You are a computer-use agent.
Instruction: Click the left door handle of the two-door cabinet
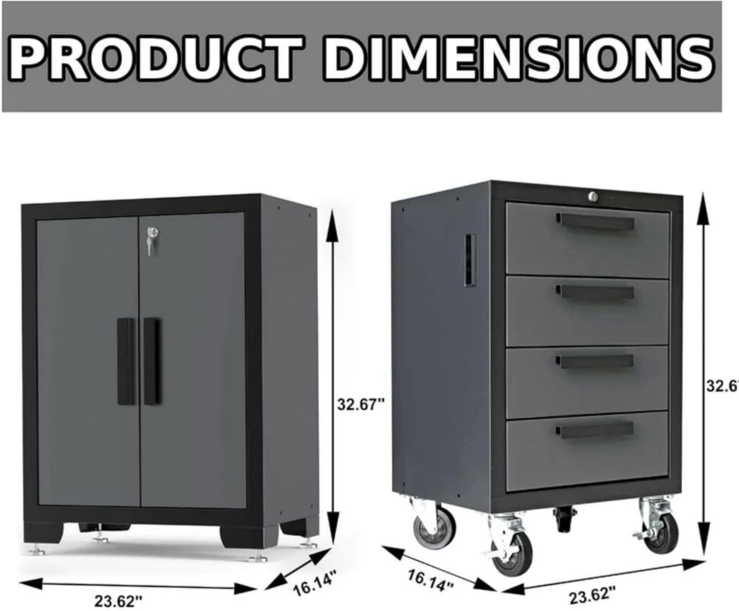coord(126,361)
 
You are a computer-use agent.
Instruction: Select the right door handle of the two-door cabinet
coord(152,361)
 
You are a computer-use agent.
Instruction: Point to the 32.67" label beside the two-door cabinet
coord(360,403)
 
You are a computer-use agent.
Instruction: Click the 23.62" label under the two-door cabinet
coord(119,601)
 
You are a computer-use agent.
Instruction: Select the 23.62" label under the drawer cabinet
coord(592,596)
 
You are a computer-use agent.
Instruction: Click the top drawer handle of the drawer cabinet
coord(595,220)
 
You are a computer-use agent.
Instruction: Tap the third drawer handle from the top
coord(595,361)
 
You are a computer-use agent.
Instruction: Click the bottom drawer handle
coord(595,429)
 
